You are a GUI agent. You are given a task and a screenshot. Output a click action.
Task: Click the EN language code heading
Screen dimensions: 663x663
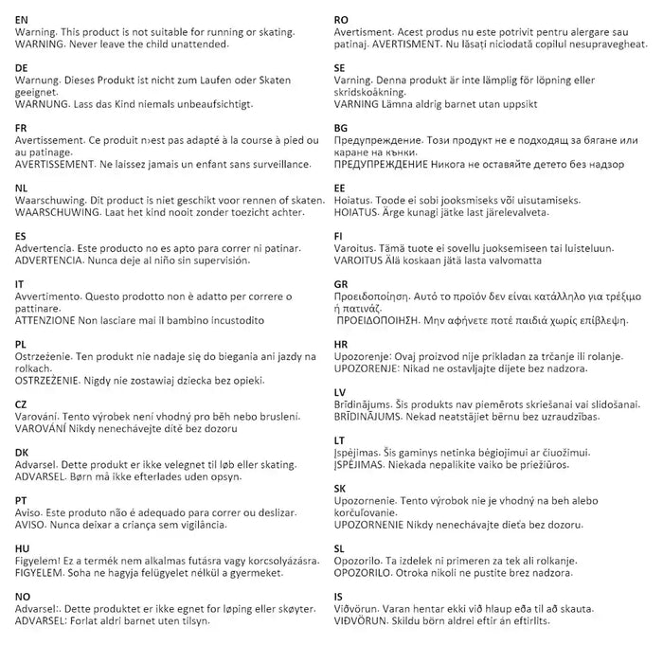[23, 19]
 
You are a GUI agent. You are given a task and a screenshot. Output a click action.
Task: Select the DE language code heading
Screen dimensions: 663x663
[23, 68]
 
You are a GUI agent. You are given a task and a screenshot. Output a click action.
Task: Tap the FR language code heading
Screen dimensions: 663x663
[23, 126]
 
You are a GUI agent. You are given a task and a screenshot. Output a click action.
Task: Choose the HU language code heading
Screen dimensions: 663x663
[24, 548]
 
